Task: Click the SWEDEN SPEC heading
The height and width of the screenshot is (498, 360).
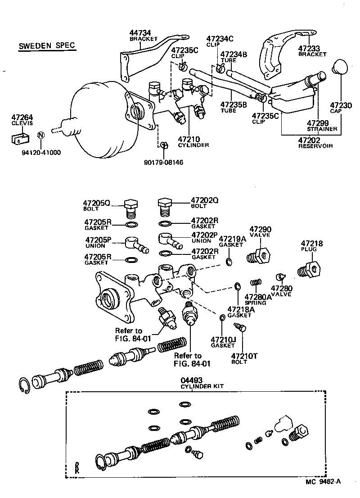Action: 47,46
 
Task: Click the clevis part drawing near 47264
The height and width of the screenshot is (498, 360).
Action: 19,137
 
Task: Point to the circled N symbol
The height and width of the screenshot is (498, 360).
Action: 40,135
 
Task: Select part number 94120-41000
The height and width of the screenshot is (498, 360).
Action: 41,152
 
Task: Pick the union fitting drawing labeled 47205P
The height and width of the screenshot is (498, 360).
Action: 134,244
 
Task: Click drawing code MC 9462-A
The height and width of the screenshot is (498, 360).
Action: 323,482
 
